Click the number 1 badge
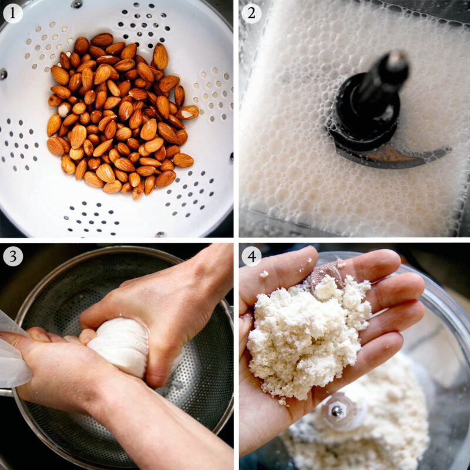click(x=13, y=13)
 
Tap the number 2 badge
click(x=251, y=13)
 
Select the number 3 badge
click(x=13, y=256)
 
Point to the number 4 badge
click(x=251, y=256)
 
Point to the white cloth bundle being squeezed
click(x=120, y=347)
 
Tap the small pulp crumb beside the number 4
click(x=264, y=274)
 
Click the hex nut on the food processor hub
click(x=338, y=411)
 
